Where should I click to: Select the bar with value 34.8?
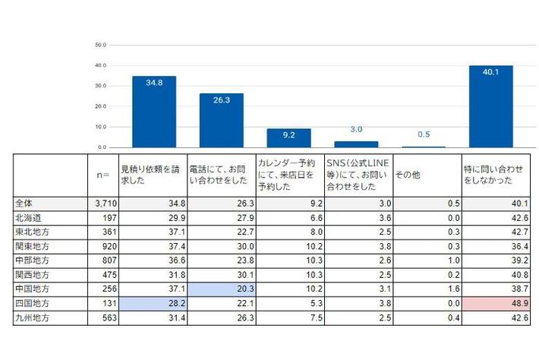pyautogui.click(x=154, y=112)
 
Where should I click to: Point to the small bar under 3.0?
pyautogui.click(x=356, y=144)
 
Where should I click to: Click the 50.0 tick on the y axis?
pyautogui.click(x=100, y=45)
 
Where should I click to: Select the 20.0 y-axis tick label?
pyautogui.click(x=100, y=106)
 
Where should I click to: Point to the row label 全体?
pyautogui.click(x=25, y=204)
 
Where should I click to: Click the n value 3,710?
pyautogui.click(x=104, y=204)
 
